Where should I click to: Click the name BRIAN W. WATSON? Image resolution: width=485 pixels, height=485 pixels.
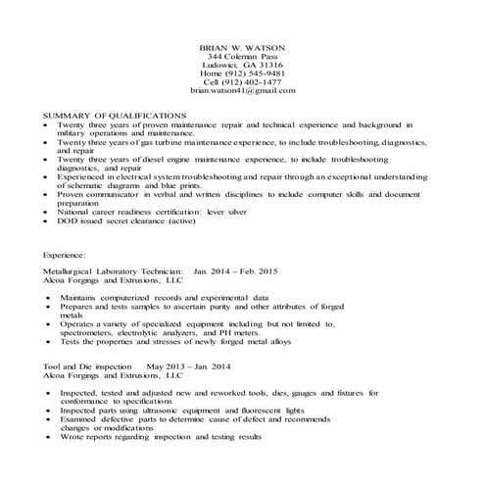242,46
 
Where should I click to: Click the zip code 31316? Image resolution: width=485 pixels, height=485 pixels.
267,65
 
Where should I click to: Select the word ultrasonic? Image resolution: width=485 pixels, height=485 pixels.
159,410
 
